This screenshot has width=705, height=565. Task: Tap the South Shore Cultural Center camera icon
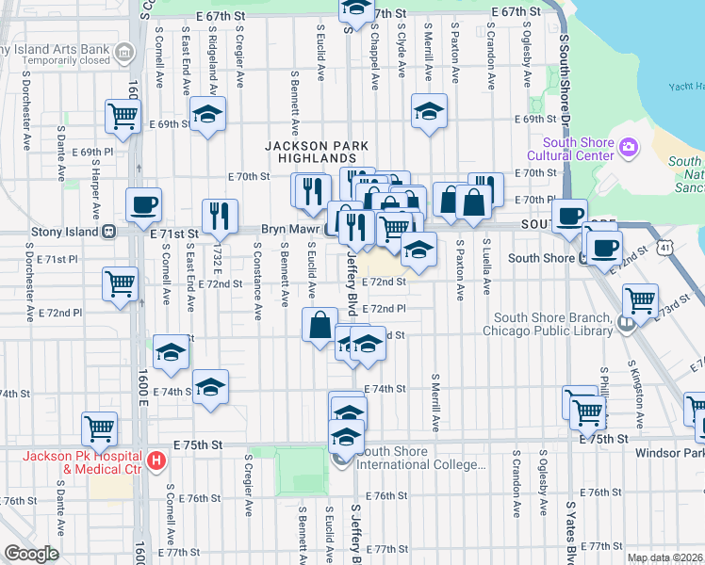coord(628,147)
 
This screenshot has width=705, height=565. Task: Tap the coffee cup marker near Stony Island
coord(144,204)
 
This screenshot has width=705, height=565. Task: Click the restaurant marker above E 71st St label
coord(220,216)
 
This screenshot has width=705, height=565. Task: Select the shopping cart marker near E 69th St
coord(123,116)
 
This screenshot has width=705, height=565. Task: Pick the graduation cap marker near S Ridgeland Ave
coord(206,116)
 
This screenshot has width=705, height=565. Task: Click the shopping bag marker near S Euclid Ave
coord(320,325)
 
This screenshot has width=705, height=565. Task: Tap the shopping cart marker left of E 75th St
coord(99,428)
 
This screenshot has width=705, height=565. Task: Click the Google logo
coord(30,554)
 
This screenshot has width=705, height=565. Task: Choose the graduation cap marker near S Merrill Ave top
coord(429,112)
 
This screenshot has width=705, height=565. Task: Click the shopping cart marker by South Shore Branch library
coord(641,301)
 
